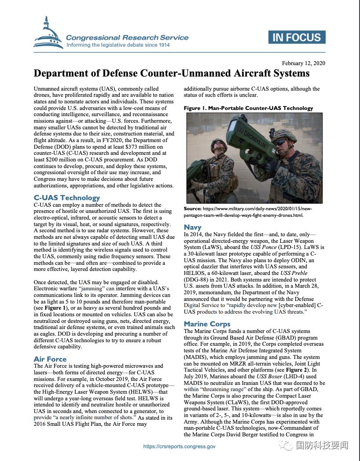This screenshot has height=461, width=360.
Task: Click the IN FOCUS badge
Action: [x=297, y=37]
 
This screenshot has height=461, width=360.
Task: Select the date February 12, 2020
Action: [x=304, y=63]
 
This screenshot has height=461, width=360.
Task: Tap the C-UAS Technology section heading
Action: [x=67, y=198]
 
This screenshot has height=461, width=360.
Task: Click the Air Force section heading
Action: [x=50, y=359]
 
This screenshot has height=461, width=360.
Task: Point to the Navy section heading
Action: [x=192, y=227]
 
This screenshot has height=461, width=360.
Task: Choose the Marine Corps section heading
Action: [x=207, y=324]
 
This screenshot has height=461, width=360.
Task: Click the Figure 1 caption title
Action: [x=248, y=108]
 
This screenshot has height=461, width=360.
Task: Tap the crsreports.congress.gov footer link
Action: [x=180, y=446]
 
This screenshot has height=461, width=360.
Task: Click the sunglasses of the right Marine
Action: [x=279, y=141]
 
